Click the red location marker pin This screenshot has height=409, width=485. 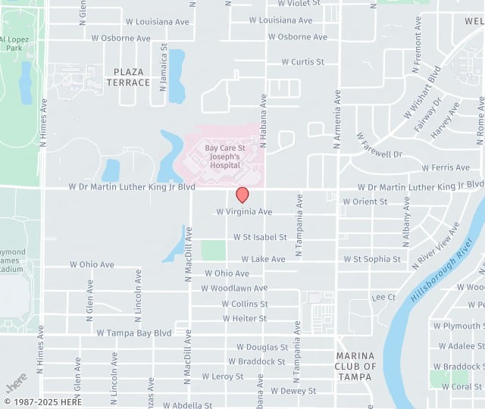pyautogui.click(x=242, y=195)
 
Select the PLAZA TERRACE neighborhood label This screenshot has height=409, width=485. pyautogui.click(x=128, y=76)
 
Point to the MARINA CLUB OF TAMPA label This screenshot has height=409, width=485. pyautogui.click(x=355, y=366)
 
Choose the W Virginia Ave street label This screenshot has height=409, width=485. pyautogui.click(x=243, y=212)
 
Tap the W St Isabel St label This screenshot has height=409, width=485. pyautogui.click(x=260, y=237)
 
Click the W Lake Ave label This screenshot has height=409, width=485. pyautogui.click(x=258, y=259)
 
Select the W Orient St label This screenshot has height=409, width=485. pyautogui.click(x=365, y=201)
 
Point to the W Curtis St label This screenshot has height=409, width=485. pyautogui.click(x=302, y=62)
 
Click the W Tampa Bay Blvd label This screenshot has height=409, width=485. pyautogui.click(x=134, y=333)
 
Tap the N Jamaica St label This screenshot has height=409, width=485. pyautogui.click(x=163, y=67)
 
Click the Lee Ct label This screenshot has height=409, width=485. pyautogui.click(x=384, y=298)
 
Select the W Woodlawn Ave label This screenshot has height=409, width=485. pyautogui.click(x=234, y=289)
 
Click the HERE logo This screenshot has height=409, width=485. pyautogui.click(x=17, y=379)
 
